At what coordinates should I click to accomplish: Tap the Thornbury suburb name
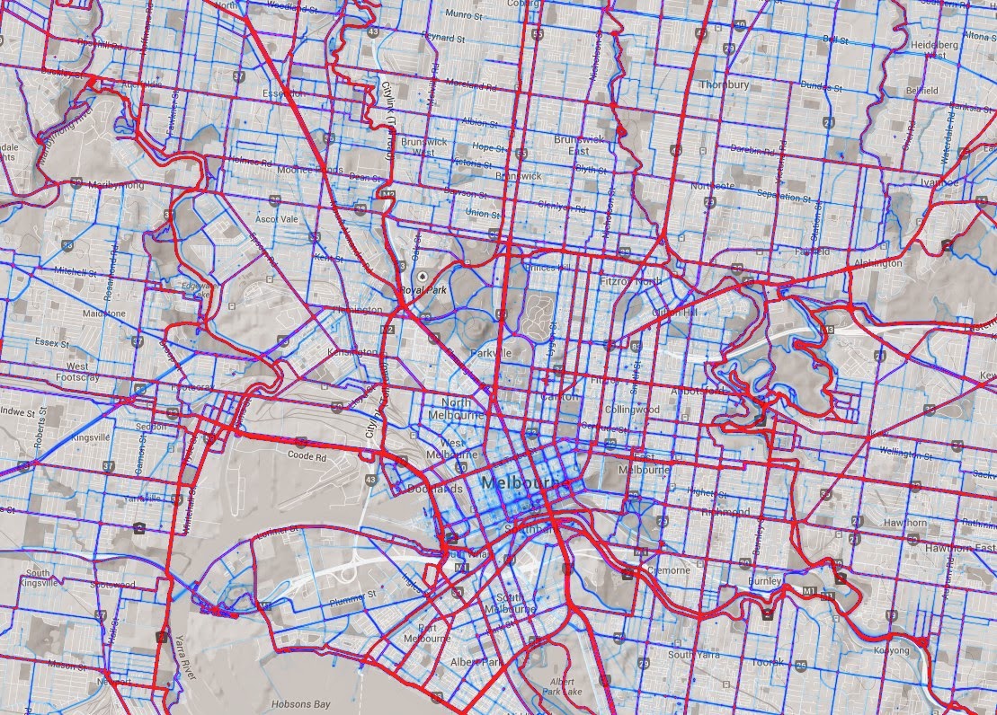pyautogui.click(x=724, y=84)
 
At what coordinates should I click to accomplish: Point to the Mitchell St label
pyautogui.click(x=75, y=270)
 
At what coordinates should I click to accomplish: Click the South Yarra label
pyautogui.click(x=693, y=655)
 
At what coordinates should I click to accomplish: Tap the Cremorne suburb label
pyautogui.click(x=666, y=569)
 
